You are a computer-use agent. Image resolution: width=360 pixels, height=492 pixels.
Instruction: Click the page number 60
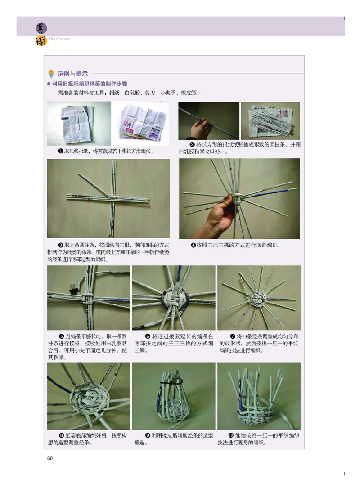pos(50,458)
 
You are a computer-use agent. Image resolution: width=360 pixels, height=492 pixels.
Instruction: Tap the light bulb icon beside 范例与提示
pos(51,74)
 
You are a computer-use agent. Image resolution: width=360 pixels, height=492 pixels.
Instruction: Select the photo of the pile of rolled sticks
pos(270,121)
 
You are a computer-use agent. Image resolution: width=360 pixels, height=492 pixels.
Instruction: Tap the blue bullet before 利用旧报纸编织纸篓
pos(49,84)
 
